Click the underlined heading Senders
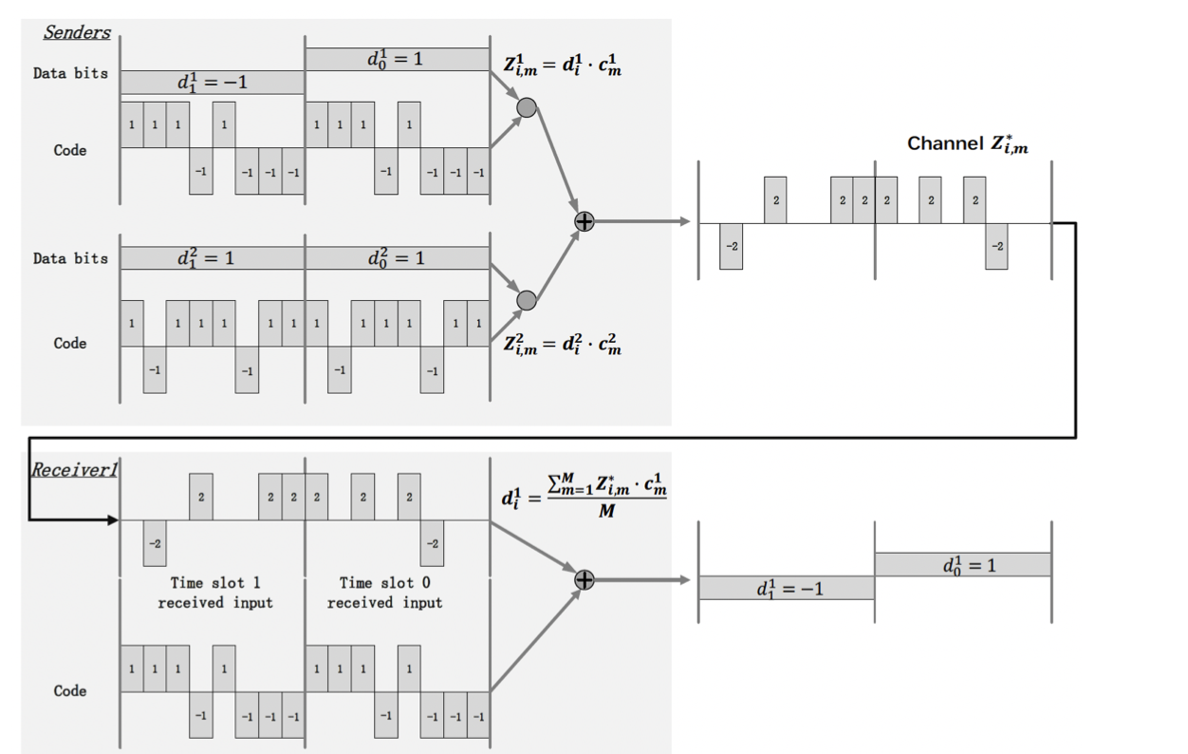[77, 32]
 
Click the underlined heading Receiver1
[75, 468]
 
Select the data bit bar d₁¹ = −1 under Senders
[212, 82]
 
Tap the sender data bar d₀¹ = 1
[397, 59]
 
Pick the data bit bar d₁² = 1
[212, 257]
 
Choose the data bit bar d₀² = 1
[397, 257]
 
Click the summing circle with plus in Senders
[585, 221]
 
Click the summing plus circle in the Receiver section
[585, 579]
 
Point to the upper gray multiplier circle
[527, 108]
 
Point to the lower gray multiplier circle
[527, 300]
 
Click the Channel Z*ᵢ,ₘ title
[967, 143]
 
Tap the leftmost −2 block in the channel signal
[731, 246]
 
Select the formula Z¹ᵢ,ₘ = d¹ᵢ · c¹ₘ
[562, 68]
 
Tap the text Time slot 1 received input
[215, 593]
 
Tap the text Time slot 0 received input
[384, 593]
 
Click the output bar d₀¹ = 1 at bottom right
[962, 565]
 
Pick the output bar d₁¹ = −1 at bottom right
[786, 588]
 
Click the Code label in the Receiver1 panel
[70, 690]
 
